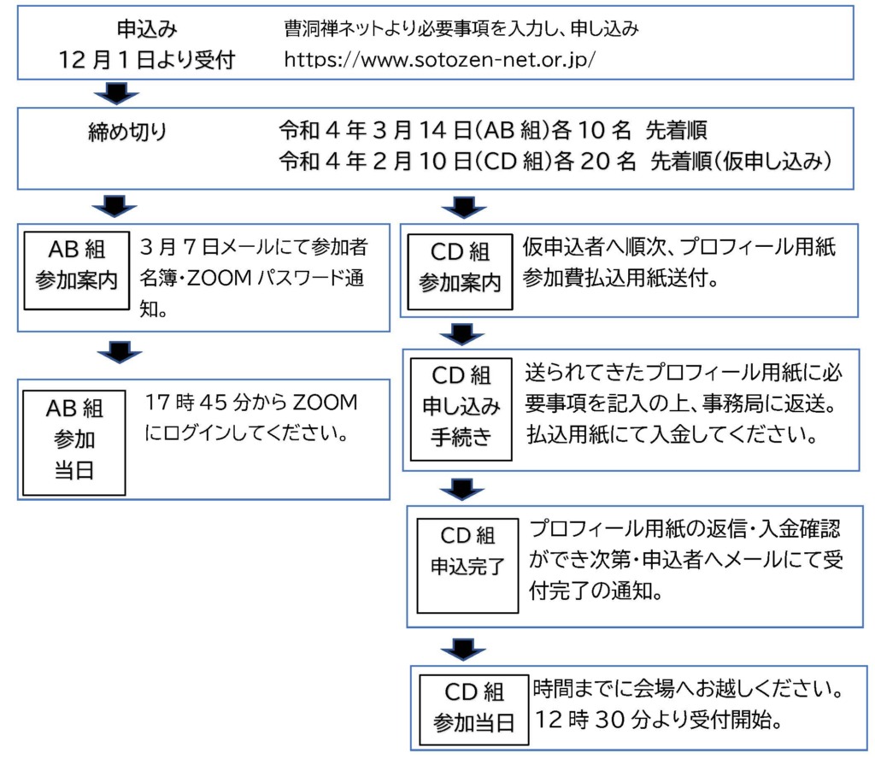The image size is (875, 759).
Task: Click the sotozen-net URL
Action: (x=440, y=59)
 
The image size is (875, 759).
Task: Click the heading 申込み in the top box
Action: (x=147, y=28)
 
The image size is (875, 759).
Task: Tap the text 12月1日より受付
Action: (x=147, y=59)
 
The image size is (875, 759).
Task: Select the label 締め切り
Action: (x=128, y=131)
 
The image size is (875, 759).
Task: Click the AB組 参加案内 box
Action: (x=76, y=271)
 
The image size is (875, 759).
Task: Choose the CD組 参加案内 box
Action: (x=460, y=272)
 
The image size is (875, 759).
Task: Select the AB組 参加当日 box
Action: (x=74, y=443)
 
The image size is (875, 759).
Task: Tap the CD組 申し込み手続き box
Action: (x=461, y=409)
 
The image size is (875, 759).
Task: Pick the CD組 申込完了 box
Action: (x=467, y=565)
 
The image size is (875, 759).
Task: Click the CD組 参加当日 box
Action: (x=473, y=710)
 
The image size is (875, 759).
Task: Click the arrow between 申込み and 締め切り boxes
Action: (x=116, y=93)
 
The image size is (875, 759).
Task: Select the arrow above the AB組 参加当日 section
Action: (x=120, y=352)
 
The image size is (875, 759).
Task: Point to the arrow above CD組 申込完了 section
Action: (x=461, y=490)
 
